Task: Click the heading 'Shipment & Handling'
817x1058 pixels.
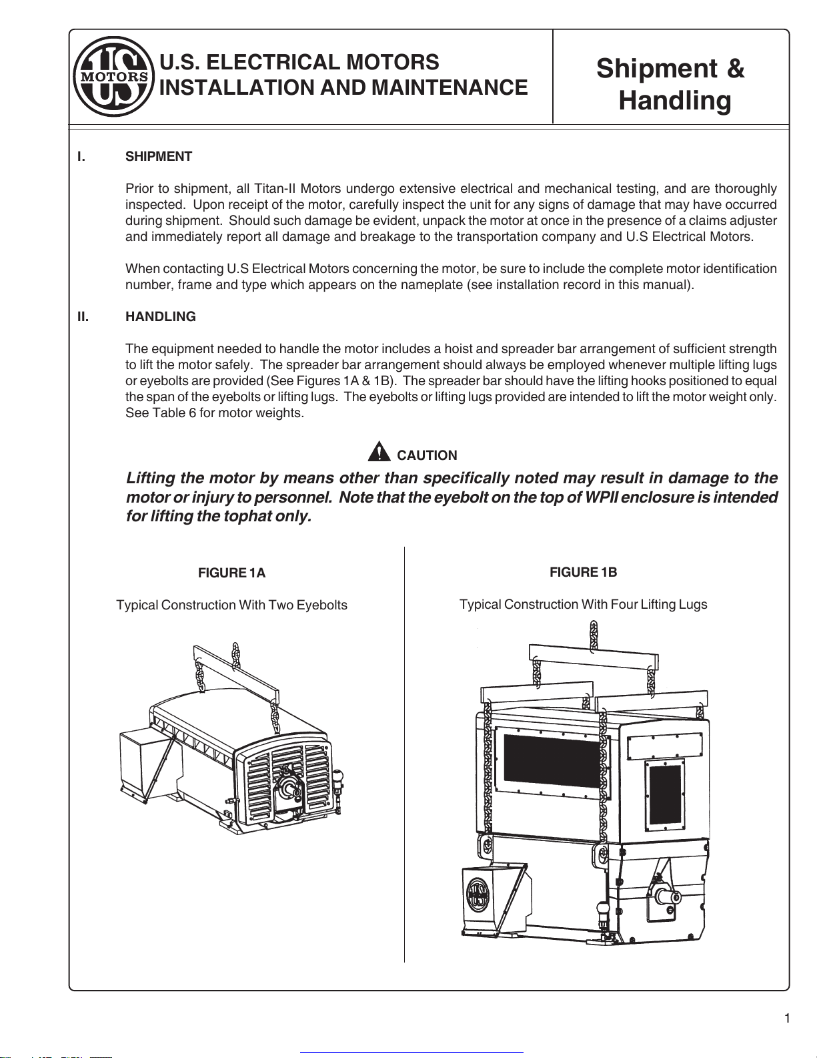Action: pyautogui.click(x=670, y=85)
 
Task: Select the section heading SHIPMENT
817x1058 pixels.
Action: pyautogui.click(x=159, y=157)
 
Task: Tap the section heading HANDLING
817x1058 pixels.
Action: pyautogui.click(x=161, y=317)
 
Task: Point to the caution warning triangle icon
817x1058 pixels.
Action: pyautogui.click(x=379, y=452)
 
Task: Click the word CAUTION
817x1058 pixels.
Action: pyautogui.click(x=427, y=456)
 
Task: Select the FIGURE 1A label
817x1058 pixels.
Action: pyautogui.click(x=231, y=573)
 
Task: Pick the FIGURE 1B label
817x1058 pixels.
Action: pyautogui.click(x=583, y=573)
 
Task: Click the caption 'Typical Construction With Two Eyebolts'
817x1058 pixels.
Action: pyautogui.click(x=231, y=605)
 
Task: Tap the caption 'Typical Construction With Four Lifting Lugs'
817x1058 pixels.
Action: pyautogui.click(x=583, y=605)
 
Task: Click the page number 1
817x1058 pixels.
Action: pyautogui.click(x=787, y=1019)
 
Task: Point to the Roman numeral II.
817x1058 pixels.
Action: pyautogui.click(x=83, y=317)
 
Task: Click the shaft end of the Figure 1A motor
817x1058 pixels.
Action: pyautogui.click(x=291, y=788)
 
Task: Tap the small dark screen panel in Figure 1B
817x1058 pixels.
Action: pyautogui.click(x=665, y=794)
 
